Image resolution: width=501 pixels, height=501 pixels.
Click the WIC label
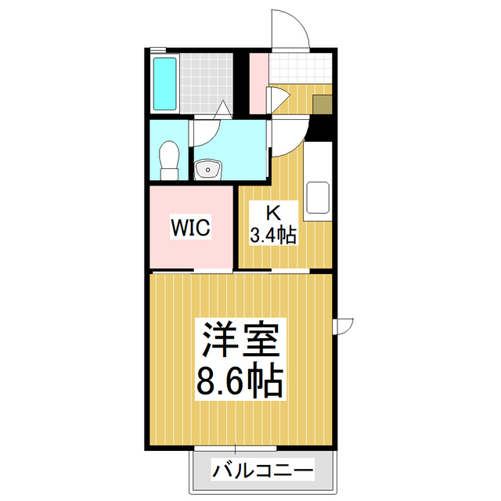[x=190, y=229]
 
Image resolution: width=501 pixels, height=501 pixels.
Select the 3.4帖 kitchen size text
[x=273, y=234]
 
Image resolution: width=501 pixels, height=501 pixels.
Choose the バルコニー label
[x=262, y=471]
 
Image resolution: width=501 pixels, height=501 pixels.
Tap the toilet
[x=168, y=159]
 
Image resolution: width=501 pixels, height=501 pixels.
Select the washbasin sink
[x=207, y=168]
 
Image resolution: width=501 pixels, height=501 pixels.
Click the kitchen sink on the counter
[x=318, y=198]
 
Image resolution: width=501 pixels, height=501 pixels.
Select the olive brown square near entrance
[x=322, y=105]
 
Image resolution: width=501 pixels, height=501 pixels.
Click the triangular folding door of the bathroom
[x=224, y=110]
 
